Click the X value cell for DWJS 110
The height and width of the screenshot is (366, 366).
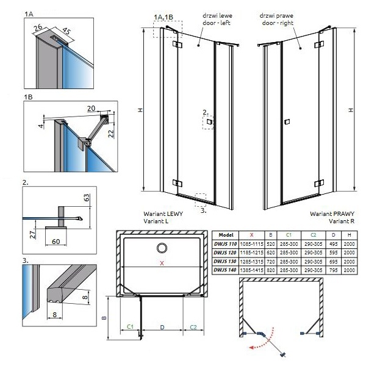[x=251, y=244]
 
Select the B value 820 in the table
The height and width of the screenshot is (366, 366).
[x=270, y=270]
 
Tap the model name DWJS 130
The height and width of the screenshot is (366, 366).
[x=225, y=262]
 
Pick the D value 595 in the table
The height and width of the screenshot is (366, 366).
[x=333, y=253]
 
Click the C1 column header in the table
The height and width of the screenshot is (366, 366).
[x=289, y=235]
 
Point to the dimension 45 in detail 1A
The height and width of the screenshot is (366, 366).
[x=66, y=31]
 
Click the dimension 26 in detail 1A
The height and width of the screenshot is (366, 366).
[x=38, y=28]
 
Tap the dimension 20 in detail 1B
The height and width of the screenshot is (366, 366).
[x=91, y=109]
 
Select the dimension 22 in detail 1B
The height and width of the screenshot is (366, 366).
[x=112, y=133]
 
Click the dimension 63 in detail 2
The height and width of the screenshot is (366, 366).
[x=86, y=198]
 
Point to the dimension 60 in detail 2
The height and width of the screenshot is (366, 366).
[x=56, y=242]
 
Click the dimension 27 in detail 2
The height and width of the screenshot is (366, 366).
[x=33, y=234]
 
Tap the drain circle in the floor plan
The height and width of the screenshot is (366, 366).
[x=162, y=248]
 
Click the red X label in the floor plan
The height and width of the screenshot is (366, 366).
[x=162, y=263]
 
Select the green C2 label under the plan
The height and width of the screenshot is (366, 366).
[x=193, y=327]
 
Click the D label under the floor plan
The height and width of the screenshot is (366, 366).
[x=162, y=327]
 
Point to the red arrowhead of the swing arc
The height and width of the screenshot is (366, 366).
[x=251, y=348]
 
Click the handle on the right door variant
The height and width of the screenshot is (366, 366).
[x=287, y=121]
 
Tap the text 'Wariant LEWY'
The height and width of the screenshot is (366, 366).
[x=163, y=213]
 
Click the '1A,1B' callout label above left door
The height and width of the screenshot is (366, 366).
[x=163, y=17]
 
